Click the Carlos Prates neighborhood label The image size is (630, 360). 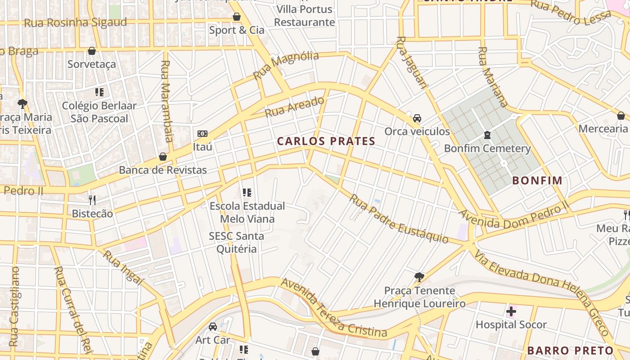point(326,141)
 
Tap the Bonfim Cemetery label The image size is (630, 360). point(487,148)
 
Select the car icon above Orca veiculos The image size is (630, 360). point(417,118)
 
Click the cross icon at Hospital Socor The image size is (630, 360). point(511,311)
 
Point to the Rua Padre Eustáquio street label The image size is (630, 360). point(399,219)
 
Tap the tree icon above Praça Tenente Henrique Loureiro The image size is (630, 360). point(419,277)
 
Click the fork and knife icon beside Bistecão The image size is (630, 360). point(92,200)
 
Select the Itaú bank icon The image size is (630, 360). point(202,134)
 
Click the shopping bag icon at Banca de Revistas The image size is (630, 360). point(163,157)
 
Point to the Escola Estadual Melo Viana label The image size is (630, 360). point(247,212)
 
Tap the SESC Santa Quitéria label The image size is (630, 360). point(236,243)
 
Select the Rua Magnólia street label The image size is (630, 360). point(286,65)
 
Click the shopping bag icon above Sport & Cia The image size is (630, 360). point(237,17)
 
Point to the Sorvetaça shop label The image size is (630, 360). point(92,64)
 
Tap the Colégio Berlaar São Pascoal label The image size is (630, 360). point(99,112)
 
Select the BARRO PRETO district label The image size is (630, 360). point(570,351)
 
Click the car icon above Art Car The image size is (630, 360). point(212,327)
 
